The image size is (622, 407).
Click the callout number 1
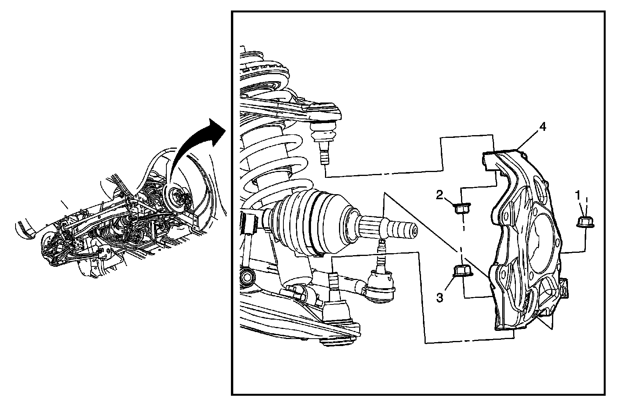click(578, 193)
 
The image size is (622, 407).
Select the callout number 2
click(439, 195)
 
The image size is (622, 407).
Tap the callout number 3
click(439, 298)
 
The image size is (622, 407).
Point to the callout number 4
click(542, 127)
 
